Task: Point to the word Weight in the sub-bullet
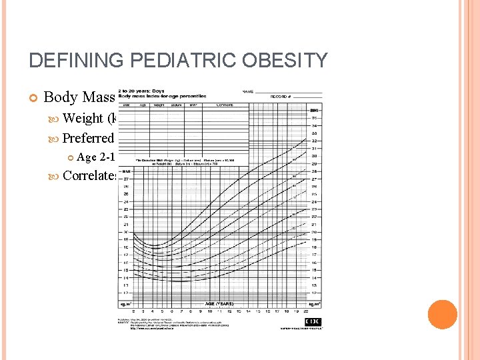point(83,119)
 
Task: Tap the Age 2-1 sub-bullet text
point(96,157)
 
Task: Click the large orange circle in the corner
point(441,315)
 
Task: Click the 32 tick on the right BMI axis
point(314,140)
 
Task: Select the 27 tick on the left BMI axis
point(124,179)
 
